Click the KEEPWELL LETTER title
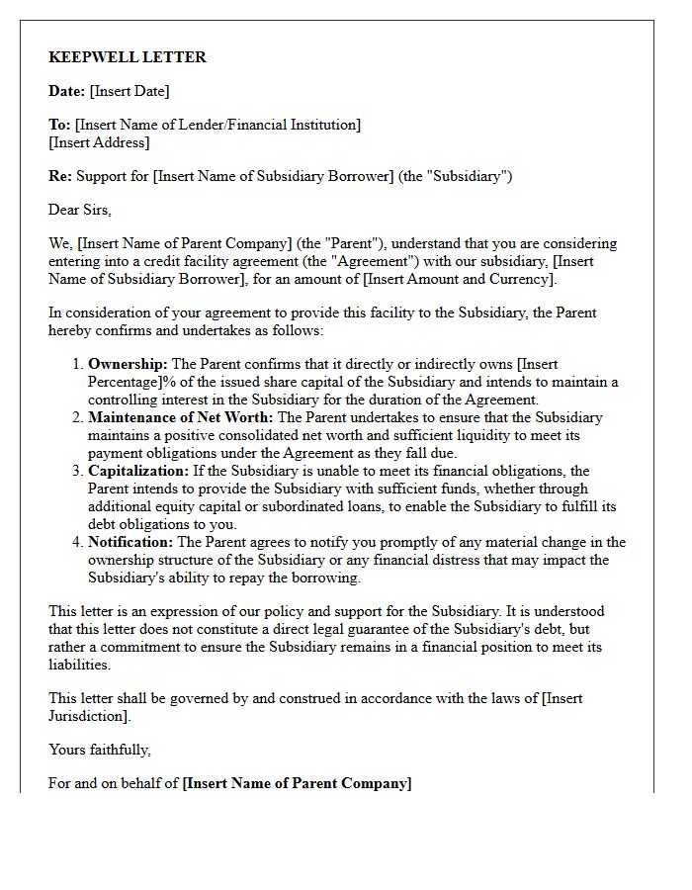coord(128,57)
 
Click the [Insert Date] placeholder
coord(130,91)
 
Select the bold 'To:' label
coord(59,125)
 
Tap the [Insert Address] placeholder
coord(99,142)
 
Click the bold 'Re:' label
coord(59,176)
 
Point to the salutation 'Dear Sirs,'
coord(80,210)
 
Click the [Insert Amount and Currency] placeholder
coord(459,279)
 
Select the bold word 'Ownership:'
coord(128,365)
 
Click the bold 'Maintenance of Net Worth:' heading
coord(181,417)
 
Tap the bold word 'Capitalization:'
coord(142,471)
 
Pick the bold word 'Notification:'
coord(130,542)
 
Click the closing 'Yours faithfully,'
coord(100,750)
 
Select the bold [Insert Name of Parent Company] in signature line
coord(298,783)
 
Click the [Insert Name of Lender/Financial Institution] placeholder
coord(217,125)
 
